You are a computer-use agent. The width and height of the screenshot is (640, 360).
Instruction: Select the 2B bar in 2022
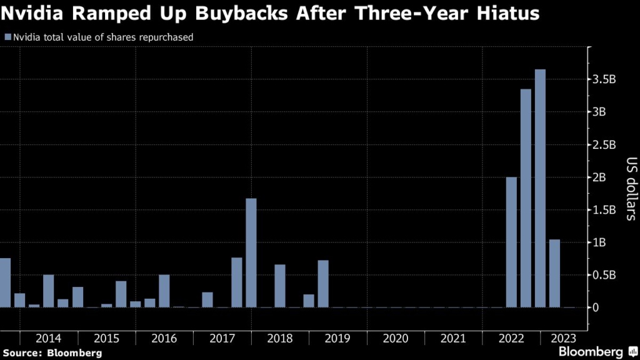[x=511, y=242]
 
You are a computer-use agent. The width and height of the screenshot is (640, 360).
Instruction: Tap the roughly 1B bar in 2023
[x=554, y=273]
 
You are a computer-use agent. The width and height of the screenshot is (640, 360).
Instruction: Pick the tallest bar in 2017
[x=251, y=252]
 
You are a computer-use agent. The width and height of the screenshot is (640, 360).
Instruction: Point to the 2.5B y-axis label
[x=604, y=145]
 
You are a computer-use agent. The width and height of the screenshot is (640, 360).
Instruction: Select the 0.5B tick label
[x=604, y=275]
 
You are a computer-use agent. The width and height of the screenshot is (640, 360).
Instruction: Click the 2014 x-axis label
[x=48, y=338]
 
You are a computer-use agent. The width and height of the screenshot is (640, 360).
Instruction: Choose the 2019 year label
[x=337, y=338]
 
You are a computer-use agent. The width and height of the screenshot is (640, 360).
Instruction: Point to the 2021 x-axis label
[x=453, y=338]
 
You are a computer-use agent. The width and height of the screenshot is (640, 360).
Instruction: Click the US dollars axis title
[x=629, y=189]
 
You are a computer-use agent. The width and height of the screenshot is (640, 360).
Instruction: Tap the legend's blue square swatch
[x=7, y=37]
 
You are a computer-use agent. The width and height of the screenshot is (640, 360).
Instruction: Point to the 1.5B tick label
[x=604, y=210]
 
